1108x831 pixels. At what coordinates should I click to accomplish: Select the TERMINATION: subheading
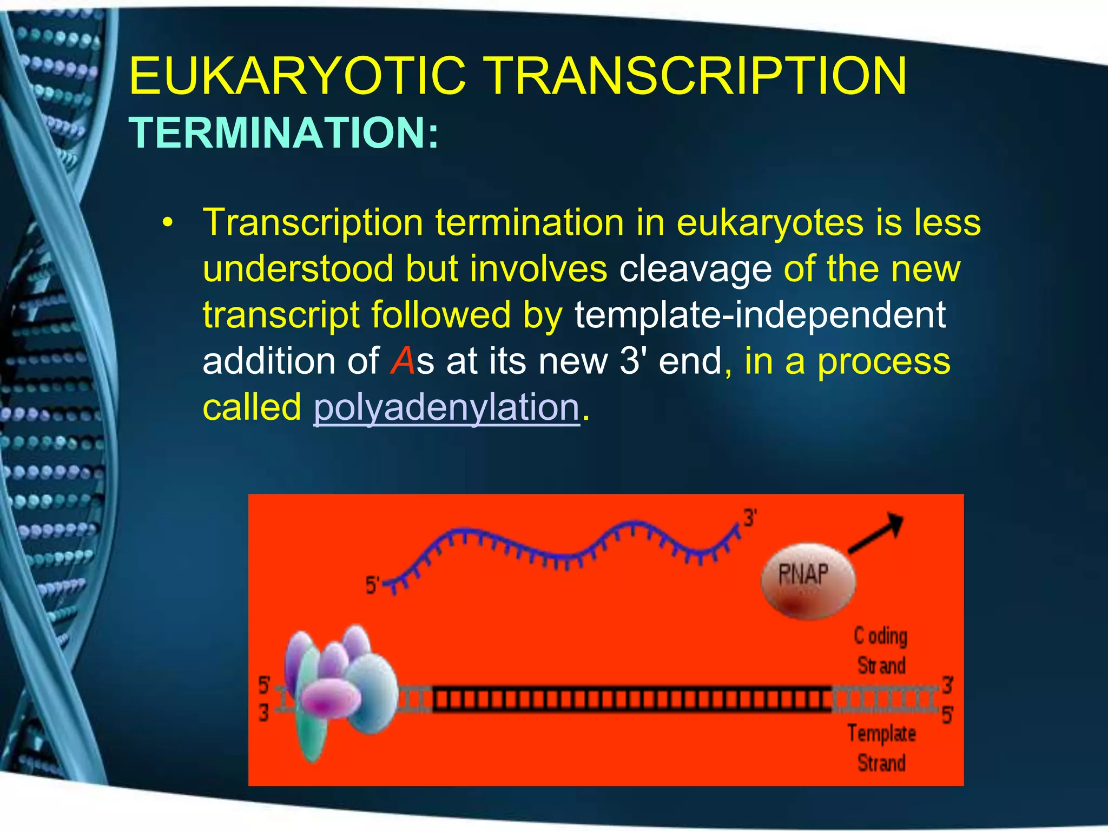(283, 133)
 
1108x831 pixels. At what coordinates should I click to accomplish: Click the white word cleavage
(695, 269)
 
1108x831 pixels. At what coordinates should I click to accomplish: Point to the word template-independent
(760, 315)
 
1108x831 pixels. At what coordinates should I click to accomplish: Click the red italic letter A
(403, 361)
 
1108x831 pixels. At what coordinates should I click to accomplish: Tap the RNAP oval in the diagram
(808, 581)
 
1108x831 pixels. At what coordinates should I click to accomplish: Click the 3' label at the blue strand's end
(750, 518)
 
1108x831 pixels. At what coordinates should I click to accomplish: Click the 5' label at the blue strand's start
(372, 585)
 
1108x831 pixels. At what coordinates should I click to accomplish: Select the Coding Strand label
(881, 651)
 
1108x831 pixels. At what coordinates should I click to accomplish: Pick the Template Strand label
(881, 748)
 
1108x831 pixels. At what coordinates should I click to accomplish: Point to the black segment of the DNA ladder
(632, 700)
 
